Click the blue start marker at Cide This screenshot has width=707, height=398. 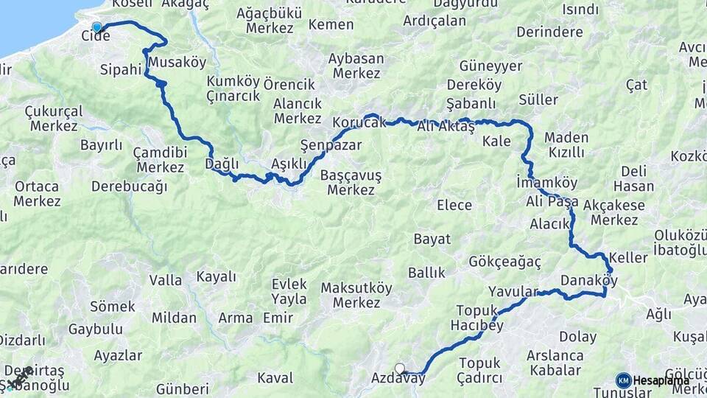(x=96, y=28)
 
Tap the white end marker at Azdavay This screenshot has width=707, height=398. (x=400, y=369)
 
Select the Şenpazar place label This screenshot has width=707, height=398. (x=331, y=145)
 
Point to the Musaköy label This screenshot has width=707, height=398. (x=177, y=62)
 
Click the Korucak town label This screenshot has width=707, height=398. (x=359, y=122)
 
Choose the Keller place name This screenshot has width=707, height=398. (x=628, y=258)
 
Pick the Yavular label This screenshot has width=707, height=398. (x=513, y=291)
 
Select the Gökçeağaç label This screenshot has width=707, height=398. (x=504, y=262)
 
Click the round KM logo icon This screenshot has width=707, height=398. (x=623, y=380)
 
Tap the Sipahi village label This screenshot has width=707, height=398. (x=119, y=71)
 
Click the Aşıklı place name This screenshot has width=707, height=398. (x=289, y=164)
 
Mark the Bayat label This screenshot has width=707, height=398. (x=432, y=239)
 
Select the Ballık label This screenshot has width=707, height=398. (x=427, y=273)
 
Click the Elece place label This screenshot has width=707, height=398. (x=454, y=205)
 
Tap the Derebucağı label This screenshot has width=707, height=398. (x=129, y=186)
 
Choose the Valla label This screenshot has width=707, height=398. (x=166, y=280)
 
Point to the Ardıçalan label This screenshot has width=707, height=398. (x=435, y=21)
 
